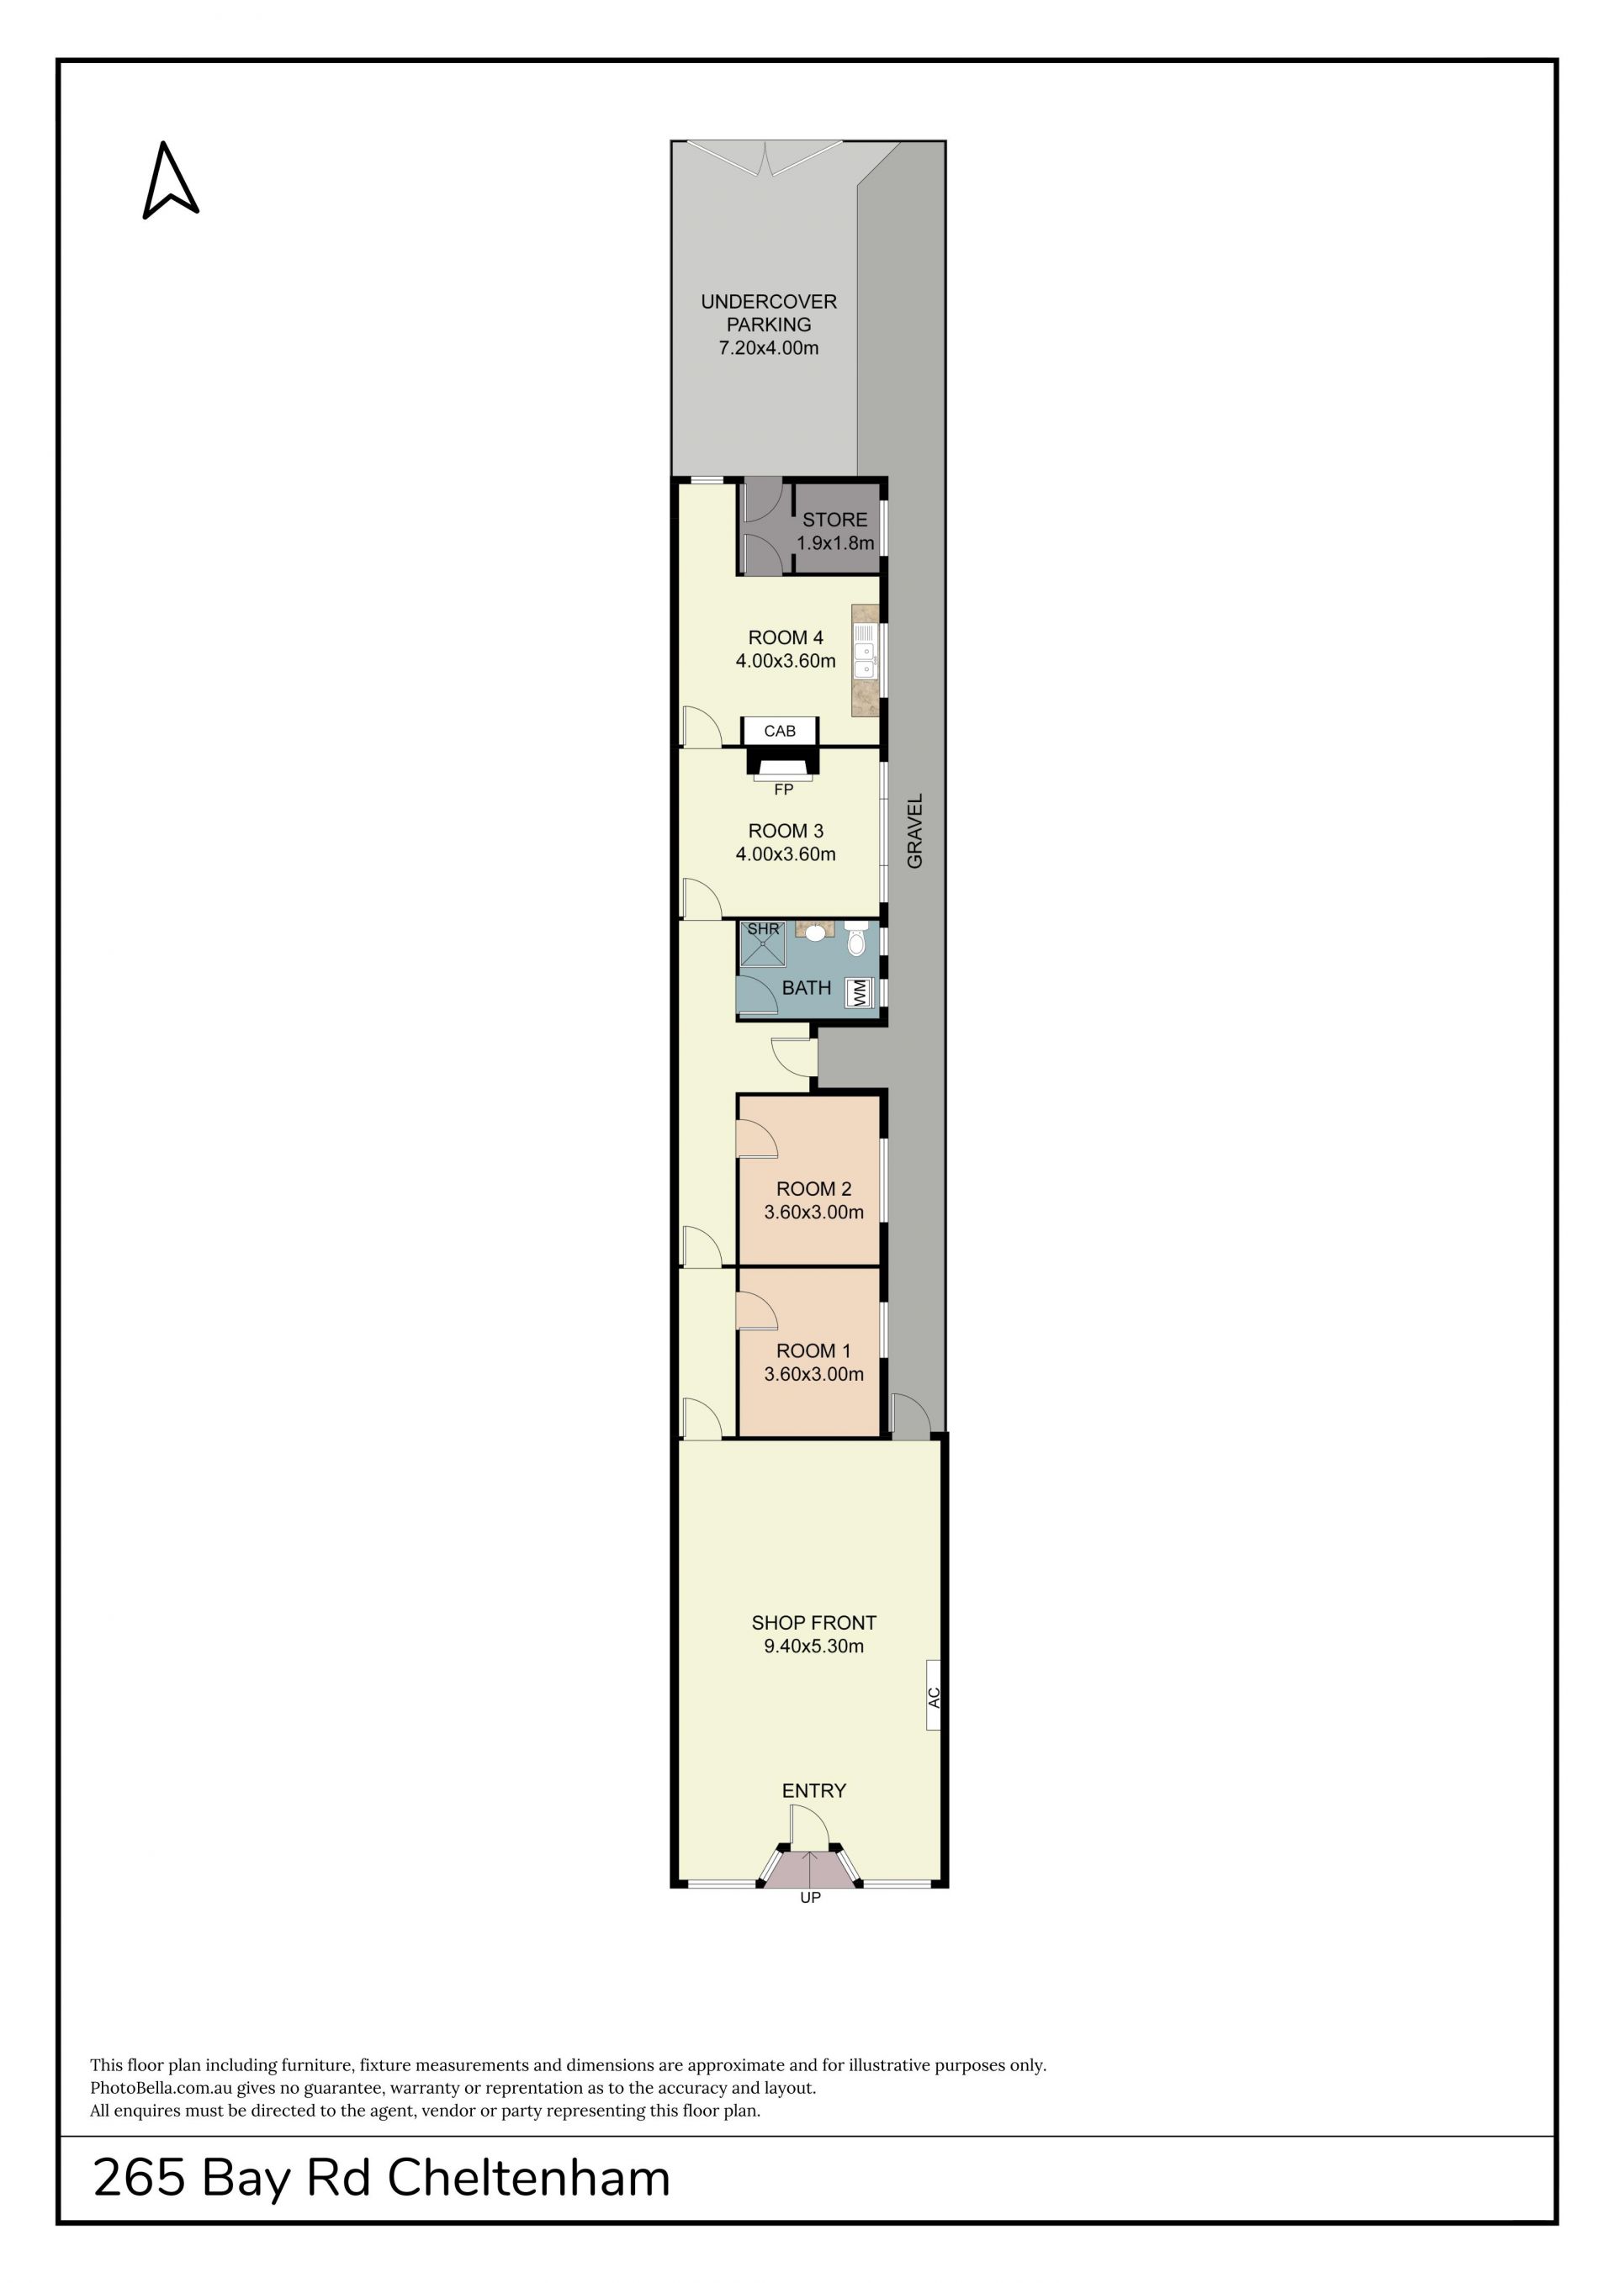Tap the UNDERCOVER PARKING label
click(x=769, y=312)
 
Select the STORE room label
click(x=834, y=519)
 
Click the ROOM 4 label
click(x=786, y=637)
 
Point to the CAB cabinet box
click(x=780, y=731)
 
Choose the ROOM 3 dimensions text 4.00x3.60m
click(x=786, y=854)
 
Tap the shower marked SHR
click(x=763, y=943)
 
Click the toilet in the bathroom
click(x=856, y=938)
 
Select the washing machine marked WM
click(x=857, y=992)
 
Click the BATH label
click(x=807, y=988)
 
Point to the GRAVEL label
click(x=915, y=830)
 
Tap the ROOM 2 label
click(x=813, y=1189)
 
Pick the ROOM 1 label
click(x=813, y=1351)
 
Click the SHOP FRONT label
click(x=813, y=1623)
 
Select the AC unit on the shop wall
click(x=934, y=1695)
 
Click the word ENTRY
click(x=813, y=1791)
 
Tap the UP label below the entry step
click(x=811, y=1897)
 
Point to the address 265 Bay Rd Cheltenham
click(x=382, y=2178)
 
